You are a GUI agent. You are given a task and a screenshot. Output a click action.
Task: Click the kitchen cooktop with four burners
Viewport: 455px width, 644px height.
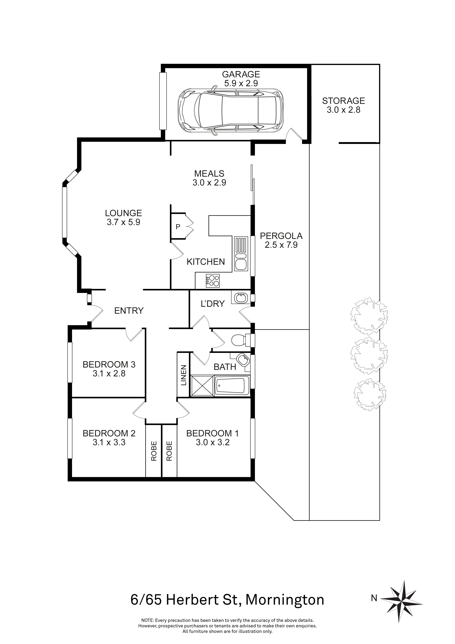click(x=213, y=281)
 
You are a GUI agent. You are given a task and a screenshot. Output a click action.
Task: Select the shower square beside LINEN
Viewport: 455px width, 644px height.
click(x=202, y=386)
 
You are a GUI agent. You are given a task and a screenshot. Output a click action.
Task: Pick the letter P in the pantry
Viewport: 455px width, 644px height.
click(x=178, y=227)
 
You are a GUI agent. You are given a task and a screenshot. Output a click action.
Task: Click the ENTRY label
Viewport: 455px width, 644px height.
click(x=129, y=310)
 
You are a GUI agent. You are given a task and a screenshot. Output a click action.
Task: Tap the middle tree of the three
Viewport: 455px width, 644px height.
click(x=369, y=356)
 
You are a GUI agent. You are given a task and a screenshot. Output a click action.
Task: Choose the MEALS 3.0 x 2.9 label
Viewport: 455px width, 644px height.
click(x=209, y=178)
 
